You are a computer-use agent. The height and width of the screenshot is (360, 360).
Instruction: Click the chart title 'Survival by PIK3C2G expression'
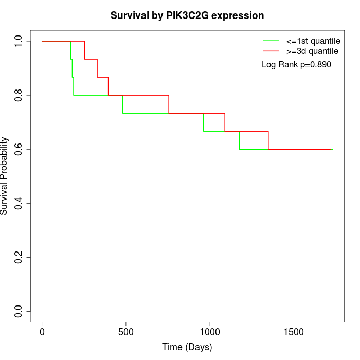[x=187, y=15]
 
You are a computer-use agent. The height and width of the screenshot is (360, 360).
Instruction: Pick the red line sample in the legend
[x=271, y=51]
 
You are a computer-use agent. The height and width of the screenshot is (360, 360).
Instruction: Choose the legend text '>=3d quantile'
[x=312, y=51]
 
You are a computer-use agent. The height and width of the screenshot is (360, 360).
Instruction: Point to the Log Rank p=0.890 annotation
[x=296, y=65]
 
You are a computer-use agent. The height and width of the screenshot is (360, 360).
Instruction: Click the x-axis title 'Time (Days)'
[x=187, y=347]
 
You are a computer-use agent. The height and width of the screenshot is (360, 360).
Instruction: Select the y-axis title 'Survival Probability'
[x=5, y=176]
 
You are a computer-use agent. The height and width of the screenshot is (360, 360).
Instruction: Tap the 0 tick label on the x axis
[x=42, y=332]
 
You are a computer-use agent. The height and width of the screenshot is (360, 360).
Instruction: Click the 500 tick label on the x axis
[x=126, y=332]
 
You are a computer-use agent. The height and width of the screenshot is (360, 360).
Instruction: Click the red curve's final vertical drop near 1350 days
[x=268, y=140]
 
